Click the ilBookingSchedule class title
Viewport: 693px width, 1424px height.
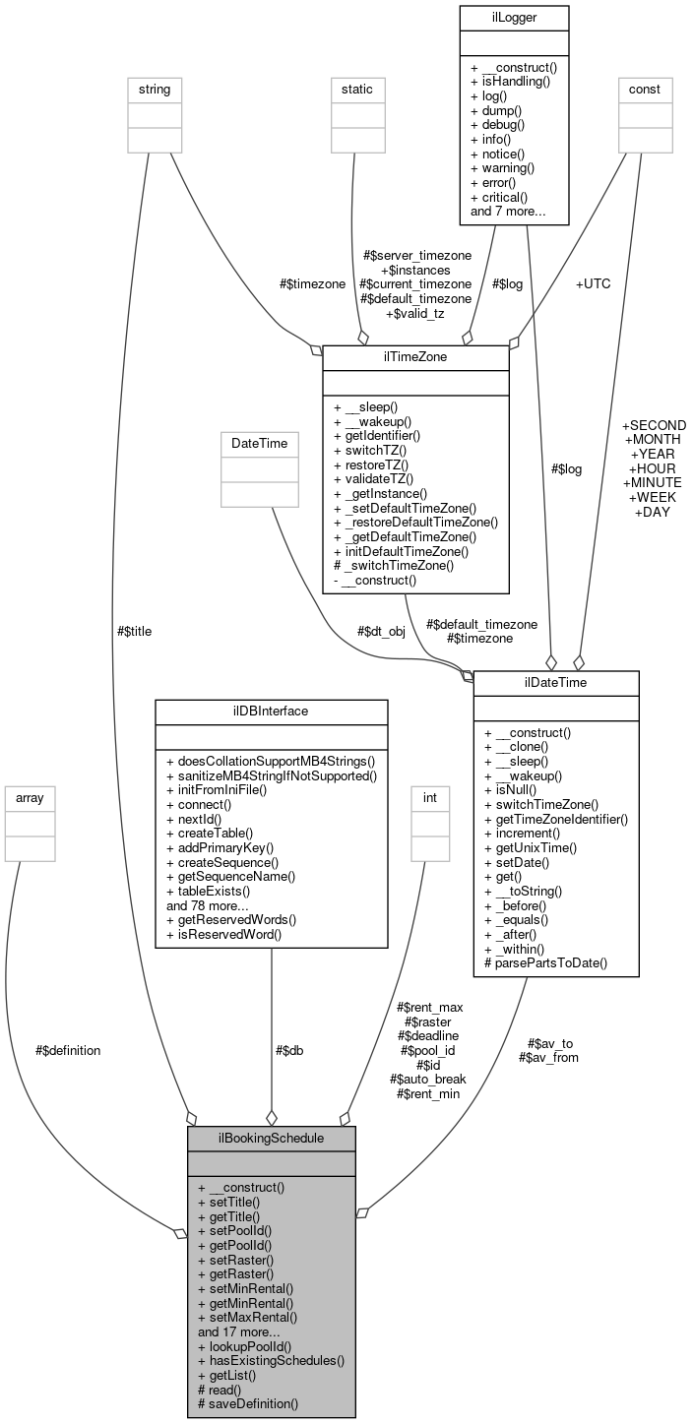(x=271, y=1138)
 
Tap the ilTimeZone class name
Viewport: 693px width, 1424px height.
(x=415, y=357)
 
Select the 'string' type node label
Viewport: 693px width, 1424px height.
(x=155, y=90)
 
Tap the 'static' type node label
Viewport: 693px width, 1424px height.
(x=356, y=90)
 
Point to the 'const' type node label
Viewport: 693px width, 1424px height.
(x=645, y=90)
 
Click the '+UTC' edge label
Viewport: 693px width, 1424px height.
(x=594, y=283)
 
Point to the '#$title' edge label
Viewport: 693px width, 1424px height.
(x=134, y=631)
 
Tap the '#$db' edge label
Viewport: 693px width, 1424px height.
(x=288, y=1050)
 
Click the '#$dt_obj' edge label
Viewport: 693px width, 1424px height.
(x=381, y=631)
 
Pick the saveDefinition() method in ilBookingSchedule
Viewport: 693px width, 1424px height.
(x=253, y=1402)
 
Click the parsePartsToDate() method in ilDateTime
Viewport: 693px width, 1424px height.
(x=545, y=961)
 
